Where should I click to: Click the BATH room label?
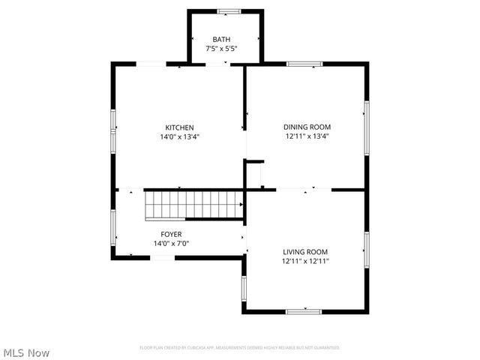(x=221, y=40)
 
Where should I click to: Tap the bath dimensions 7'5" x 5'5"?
(x=221, y=49)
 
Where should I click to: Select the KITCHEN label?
(x=180, y=127)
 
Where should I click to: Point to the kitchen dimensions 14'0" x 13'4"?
(x=180, y=137)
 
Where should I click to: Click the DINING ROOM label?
(x=307, y=127)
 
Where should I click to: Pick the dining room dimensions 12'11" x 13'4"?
(x=307, y=137)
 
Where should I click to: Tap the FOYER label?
(x=171, y=234)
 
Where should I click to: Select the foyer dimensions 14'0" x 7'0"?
(x=171, y=244)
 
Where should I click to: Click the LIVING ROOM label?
(x=305, y=252)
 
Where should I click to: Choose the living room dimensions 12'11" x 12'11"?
(x=305, y=262)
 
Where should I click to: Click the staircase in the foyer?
(x=194, y=204)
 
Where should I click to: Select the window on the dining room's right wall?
(x=367, y=127)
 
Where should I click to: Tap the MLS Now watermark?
(x=26, y=352)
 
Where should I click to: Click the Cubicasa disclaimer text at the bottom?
(x=240, y=347)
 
